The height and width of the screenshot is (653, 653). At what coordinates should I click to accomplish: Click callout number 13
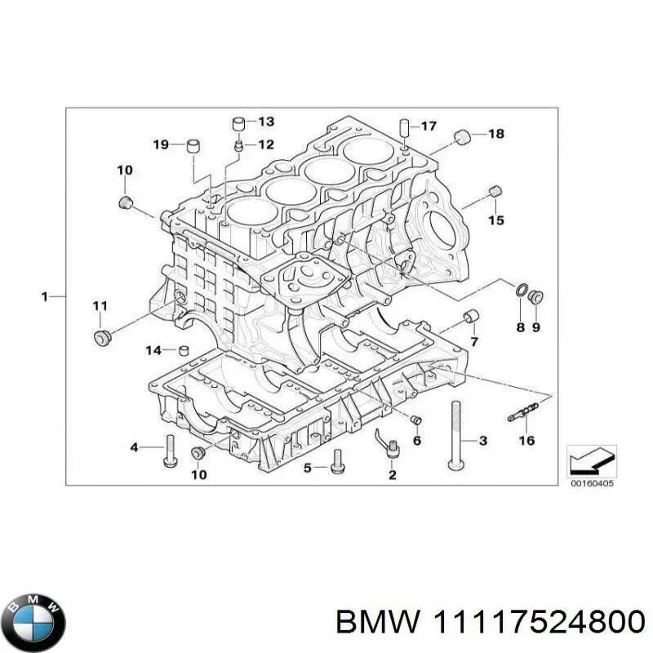click(266, 122)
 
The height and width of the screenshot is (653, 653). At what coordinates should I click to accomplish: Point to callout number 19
click(161, 144)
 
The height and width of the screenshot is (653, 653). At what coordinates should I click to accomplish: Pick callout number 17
click(429, 126)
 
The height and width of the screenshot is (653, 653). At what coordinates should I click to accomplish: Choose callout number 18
click(496, 133)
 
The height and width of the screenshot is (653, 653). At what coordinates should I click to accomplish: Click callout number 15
click(496, 220)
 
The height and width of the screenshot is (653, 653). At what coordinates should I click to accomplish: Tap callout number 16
click(526, 442)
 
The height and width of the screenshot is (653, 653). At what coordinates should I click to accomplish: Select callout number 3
click(482, 442)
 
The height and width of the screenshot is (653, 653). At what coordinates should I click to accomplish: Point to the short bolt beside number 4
click(170, 449)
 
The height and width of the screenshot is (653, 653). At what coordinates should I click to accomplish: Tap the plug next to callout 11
click(102, 336)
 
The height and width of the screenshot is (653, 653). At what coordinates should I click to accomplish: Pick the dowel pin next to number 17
click(404, 128)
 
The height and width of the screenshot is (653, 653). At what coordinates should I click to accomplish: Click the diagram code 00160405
click(591, 484)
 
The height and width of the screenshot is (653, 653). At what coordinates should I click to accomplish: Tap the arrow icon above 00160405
click(590, 460)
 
